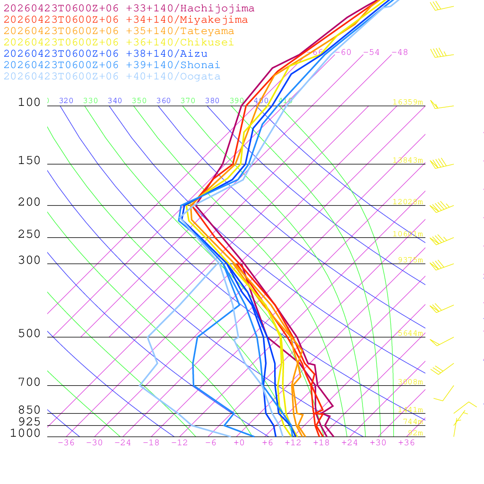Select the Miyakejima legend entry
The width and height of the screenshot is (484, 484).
click(125, 20)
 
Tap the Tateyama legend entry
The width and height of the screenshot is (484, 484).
click(119, 31)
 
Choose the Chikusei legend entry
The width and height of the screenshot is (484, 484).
click(119, 43)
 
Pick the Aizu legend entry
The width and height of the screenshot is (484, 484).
click(105, 54)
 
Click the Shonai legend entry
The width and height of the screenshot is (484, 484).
click(112, 65)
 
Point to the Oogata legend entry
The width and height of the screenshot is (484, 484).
click(112, 77)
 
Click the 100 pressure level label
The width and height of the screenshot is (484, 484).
click(29, 103)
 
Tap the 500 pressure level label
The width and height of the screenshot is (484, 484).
click(29, 334)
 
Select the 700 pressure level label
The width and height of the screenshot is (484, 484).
click(29, 382)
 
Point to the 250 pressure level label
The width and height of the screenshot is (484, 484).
click(29, 234)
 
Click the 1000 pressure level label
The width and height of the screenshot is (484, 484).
click(25, 433)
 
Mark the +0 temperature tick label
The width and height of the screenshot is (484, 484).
click(239, 443)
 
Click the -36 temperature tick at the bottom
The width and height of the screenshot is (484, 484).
click(66, 443)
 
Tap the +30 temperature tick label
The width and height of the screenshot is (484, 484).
click(378, 443)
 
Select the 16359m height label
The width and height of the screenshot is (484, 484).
click(407, 102)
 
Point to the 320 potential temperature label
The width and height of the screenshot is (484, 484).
click(66, 101)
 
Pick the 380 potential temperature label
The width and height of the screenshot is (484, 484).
click(212, 101)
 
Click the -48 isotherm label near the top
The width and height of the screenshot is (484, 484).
click(399, 52)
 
